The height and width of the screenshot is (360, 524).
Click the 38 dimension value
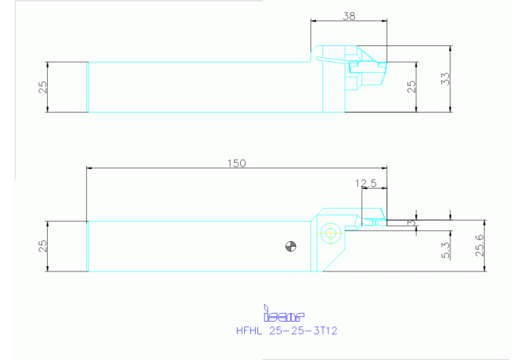349,16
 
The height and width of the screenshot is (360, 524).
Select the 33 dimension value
446,78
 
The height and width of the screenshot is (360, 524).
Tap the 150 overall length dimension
237,163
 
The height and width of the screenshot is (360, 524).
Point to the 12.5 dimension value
365,183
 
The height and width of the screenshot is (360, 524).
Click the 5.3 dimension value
446,250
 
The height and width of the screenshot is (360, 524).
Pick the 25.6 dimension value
480,246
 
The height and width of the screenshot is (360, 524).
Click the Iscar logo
284,313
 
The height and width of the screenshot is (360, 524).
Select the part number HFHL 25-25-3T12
287,330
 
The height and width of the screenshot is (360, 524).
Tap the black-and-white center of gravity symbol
291,247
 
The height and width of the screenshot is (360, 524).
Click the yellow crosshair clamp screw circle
330,233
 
